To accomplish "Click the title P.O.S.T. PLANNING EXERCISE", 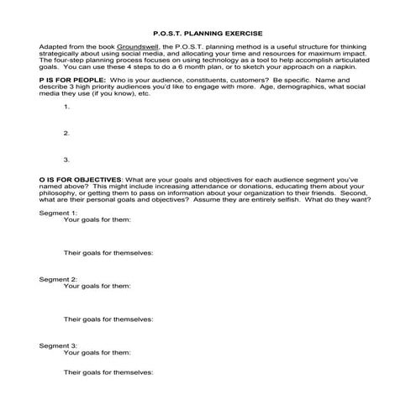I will pyautogui.click(x=208, y=27).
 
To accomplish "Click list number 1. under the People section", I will pyautogui.click(x=66, y=107).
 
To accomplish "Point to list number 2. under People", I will pyautogui.click(x=66, y=133).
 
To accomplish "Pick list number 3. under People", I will pyautogui.click(x=66, y=159).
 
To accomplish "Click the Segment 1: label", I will pyautogui.click(x=58, y=213).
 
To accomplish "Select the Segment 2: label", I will pyautogui.click(x=58, y=278).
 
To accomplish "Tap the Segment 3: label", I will pyautogui.click(x=58, y=345).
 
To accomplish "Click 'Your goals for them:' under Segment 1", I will pyautogui.click(x=97, y=220).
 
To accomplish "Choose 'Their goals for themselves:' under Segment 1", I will pyautogui.click(x=108, y=252).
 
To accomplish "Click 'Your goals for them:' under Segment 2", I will pyautogui.click(x=97, y=286).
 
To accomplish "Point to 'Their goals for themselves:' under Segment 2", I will pyautogui.click(x=108, y=319).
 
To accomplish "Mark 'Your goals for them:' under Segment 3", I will pyautogui.click(x=97, y=352).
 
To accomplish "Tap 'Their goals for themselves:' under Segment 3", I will pyautogui.click(x=108, y=372).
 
